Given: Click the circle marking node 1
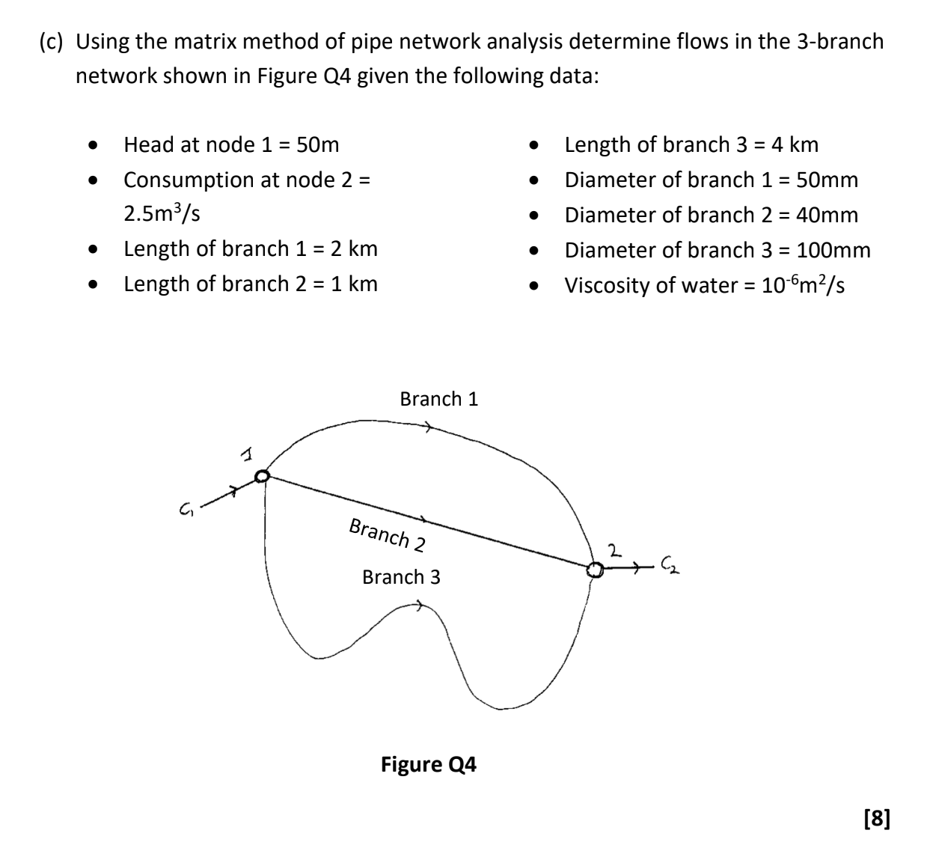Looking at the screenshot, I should pos(262,476).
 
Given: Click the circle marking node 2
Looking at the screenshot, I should pos(594,570).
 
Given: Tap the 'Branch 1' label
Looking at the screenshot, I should pos(438,399).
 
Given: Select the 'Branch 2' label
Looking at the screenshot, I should pos(387,534).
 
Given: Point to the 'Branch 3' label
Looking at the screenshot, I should pos(401,577).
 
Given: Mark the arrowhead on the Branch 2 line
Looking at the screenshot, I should pos(423,519).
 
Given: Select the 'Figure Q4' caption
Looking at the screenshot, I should pos(428,764).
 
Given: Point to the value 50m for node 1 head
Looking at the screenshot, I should pos(318,144).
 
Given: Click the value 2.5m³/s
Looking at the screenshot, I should pos(162,214).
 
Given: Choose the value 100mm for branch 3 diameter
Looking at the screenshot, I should pos(834,250).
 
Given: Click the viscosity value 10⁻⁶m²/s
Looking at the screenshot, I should pos(803,285).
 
